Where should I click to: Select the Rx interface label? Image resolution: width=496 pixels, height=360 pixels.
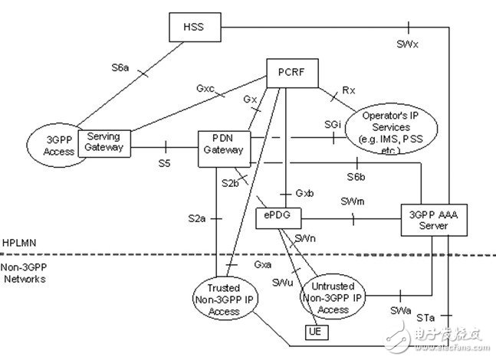(349, 90)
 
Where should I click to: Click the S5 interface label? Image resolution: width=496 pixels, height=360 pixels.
(164, 162)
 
